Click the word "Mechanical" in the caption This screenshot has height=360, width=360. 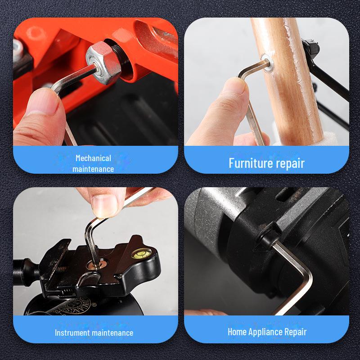tap(93, 158)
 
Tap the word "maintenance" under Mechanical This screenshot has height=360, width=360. tap(93, 169)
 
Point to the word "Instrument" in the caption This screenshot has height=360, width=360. tap(72, 333)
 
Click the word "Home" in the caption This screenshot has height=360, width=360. tap(237, 332)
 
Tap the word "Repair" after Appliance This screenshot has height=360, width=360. tap(296, 332)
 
